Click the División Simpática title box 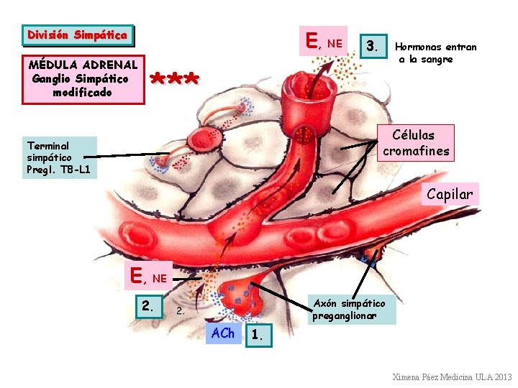(x=77, y=35)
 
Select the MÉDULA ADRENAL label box (x=83, y=79)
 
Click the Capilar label (x=450, y=194)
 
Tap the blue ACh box (x=223, y=333)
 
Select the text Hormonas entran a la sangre (x=436, y=52)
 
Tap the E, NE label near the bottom (x=149, y=275)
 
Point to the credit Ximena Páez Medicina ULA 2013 (x=452, y=377)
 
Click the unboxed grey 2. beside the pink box (x=181, y=311)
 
